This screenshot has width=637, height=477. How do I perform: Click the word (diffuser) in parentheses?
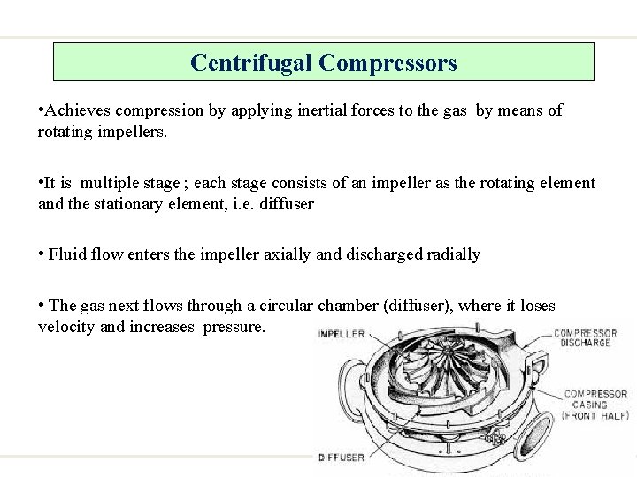418,306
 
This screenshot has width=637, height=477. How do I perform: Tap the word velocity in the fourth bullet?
67,327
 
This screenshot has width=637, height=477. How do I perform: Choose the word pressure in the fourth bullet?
234,327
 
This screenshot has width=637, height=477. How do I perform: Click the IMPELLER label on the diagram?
342,334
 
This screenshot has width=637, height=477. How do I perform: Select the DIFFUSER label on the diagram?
342,458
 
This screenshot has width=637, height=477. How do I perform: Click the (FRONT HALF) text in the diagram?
595,415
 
